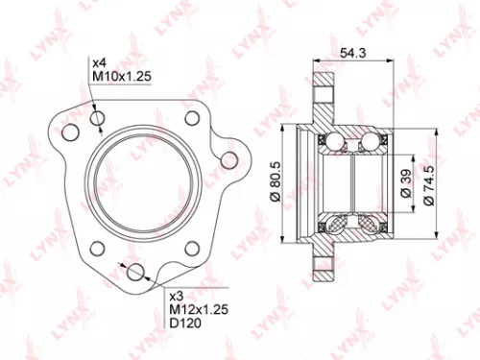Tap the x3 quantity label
(x=177, y=297)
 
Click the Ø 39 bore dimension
(x=406, y=180)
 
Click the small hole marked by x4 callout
(x=97, y=119)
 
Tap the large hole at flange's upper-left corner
(x=70, y=128)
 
